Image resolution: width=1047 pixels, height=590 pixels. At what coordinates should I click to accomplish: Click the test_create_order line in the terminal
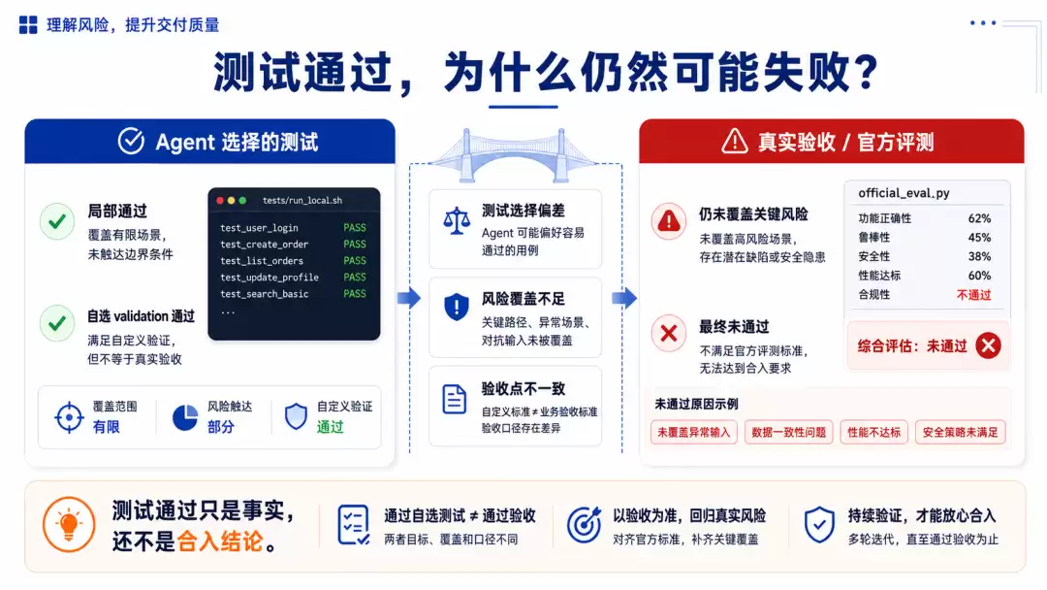point(265,245)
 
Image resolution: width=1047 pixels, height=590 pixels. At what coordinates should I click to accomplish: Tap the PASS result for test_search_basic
point(355,293)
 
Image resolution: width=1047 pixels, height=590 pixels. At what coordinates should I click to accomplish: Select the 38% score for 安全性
point(979,256)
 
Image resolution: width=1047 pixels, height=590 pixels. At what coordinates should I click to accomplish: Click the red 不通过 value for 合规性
point(973,295)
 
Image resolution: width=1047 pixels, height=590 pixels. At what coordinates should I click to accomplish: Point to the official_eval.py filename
point(904,193)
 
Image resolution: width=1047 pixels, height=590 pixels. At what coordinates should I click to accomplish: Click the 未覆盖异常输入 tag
point(694,432)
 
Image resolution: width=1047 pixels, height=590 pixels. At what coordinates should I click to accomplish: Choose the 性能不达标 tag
point(873,432)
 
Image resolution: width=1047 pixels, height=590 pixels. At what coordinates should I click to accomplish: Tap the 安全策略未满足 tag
point(960,432)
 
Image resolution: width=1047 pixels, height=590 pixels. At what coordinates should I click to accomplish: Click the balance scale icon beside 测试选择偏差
point(457,220)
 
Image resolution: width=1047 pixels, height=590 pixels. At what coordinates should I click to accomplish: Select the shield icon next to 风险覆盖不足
point(457,308)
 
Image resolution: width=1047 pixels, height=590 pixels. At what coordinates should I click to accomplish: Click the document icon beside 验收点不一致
point(455,399)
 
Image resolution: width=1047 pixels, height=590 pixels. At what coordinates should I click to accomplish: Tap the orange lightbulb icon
point(69,525)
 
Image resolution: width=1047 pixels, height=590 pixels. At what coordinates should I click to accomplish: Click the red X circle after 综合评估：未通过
point(988,345)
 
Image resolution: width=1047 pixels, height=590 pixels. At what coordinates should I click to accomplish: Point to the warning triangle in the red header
point(735,141)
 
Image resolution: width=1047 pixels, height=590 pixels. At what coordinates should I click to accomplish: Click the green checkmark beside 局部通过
point(57,221)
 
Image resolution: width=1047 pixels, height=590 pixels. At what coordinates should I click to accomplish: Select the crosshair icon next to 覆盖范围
point(69,417)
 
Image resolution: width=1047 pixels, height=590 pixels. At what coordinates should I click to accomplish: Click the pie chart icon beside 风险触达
point(185,417)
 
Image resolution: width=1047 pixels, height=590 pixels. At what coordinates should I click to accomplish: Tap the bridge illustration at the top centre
point(515,155)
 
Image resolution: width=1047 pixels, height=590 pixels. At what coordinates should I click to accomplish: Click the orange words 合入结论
point(220,541)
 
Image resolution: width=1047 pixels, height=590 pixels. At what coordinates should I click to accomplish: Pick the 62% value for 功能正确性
point(979,218)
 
